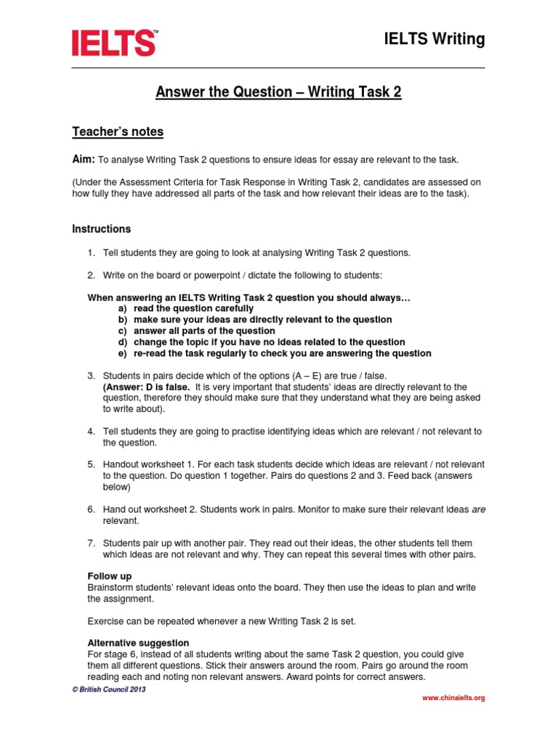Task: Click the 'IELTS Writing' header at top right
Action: pos(434,39)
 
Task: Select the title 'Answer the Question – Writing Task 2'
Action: pos(278,92)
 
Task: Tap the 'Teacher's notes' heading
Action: pos(118,131)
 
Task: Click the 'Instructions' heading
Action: pos(102,229)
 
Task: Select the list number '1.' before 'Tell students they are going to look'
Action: pos(92,253)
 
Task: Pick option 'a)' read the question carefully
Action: pos(123,308)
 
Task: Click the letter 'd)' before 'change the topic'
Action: pos(123,342)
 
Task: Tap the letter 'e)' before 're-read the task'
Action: pos(123,353)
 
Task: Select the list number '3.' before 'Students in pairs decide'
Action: pos(92,375)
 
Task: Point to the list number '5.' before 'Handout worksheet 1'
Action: pos(92,464)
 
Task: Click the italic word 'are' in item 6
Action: pos(478,509)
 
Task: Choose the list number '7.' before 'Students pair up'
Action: pos(92,543)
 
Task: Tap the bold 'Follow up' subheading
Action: pos(110,575)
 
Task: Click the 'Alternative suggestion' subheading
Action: pos(138,643)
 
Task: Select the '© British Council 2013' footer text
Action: pos(108,689)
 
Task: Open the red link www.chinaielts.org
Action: pos(453,698)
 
